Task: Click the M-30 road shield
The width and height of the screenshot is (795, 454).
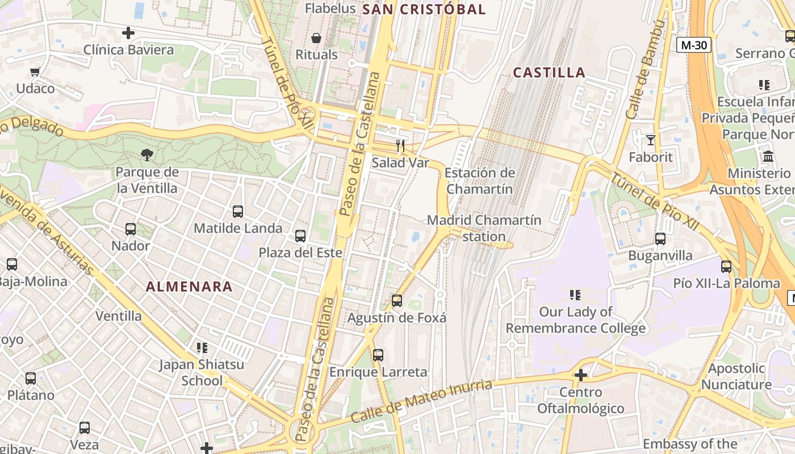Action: [694, 45]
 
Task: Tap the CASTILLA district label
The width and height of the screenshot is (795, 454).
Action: [549, 73]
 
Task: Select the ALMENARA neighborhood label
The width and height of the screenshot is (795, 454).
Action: [189, 287]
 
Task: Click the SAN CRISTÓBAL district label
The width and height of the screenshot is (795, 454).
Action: [424, 9]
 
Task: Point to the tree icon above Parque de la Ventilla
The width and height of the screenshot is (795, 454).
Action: [147, 154]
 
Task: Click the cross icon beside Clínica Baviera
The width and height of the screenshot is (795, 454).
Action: [128, 33]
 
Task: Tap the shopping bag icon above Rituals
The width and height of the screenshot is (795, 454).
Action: [316, 38]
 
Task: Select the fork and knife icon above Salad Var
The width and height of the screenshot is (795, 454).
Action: [400, 146]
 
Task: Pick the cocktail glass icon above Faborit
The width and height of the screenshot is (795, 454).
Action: [650, 140]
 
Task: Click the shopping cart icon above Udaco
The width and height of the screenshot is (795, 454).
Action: [35, 72]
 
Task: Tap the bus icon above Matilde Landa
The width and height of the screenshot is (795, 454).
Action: [238, 212]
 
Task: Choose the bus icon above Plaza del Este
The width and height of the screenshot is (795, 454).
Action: [300, 236]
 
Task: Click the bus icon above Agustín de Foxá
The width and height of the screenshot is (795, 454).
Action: [397, 301]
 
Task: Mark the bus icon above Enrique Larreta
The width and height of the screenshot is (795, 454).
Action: [378, 355]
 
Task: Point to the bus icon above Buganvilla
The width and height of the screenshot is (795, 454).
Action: [660, 239]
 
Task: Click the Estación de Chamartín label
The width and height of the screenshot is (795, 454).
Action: [480, 181]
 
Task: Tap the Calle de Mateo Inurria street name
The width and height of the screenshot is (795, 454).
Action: [421, 401]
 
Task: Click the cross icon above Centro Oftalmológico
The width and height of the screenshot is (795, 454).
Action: [580, 375]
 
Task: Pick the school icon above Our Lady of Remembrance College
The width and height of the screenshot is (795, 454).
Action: [575, 295]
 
